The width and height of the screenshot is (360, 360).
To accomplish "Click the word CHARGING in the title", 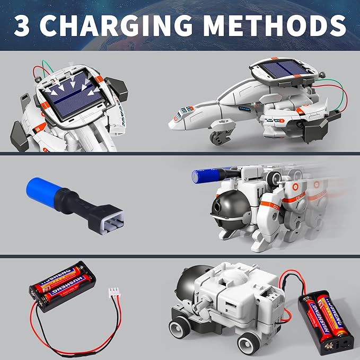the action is coord(116,25).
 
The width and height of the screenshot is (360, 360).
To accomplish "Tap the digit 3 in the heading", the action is coord(22,25).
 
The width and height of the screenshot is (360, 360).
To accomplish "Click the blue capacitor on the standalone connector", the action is coord(43,192).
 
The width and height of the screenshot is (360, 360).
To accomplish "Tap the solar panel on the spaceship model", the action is coord(283,68).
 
